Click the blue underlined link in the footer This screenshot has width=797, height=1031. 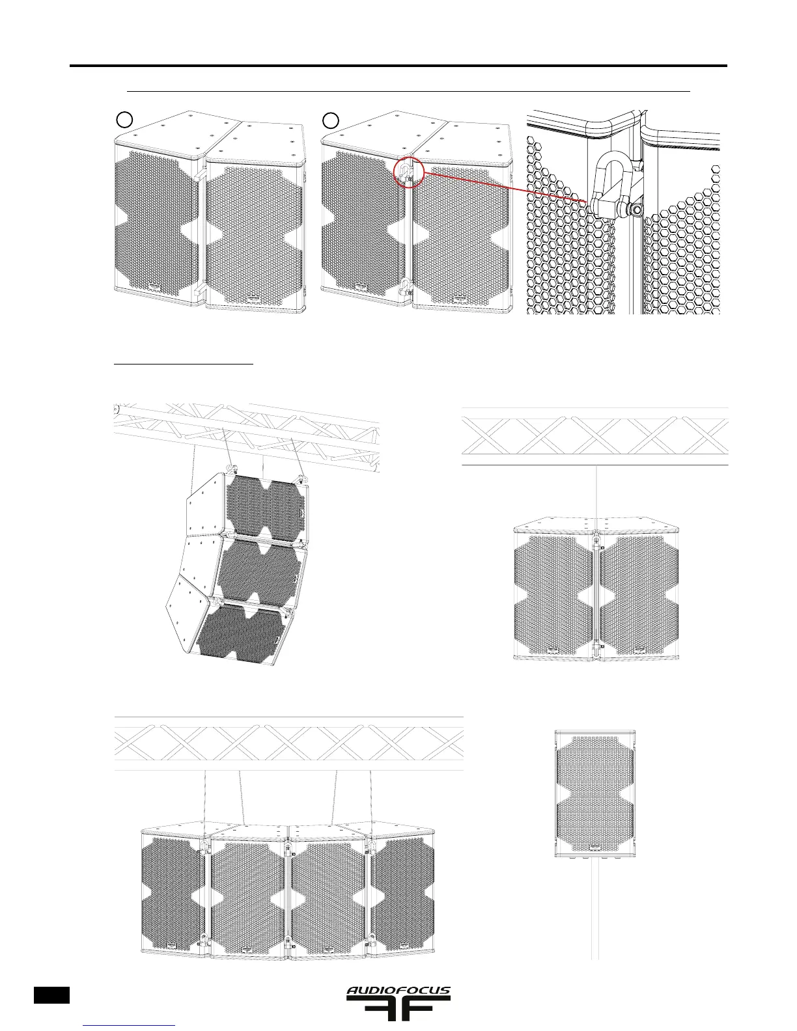130,1026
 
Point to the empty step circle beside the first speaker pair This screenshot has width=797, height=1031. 125,119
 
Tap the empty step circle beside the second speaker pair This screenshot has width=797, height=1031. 332,119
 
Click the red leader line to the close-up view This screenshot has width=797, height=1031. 508,187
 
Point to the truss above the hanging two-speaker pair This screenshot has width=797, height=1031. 594,436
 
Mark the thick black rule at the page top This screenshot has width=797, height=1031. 398,66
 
